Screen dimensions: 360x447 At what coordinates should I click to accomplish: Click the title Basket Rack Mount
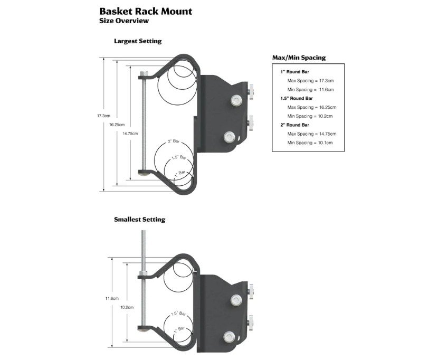click(146, 11)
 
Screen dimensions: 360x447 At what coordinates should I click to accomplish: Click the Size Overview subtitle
click(123, 21)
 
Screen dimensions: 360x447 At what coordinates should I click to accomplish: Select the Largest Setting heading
click(138, 41)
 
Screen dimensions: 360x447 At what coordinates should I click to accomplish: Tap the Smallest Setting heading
click(139, 220)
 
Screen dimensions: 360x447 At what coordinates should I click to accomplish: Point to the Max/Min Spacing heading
click(298, 58)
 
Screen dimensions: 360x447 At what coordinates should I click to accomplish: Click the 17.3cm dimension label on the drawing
click(103, 116)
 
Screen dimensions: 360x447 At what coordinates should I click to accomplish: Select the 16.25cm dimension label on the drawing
click(117, 125)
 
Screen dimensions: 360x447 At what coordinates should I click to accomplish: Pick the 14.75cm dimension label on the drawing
click(130, 134)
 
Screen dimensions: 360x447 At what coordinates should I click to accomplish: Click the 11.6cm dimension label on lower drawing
click(111, 299)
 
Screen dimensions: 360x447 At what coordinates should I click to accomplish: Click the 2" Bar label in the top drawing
click(173, 141)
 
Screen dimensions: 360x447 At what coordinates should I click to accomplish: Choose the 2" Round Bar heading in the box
click(294, 125)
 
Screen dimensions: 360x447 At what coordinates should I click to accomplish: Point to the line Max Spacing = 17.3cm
click(310, 81)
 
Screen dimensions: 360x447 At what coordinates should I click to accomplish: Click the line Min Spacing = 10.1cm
click(310, 143)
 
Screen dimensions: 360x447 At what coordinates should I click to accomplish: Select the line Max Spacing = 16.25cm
click(311, 107)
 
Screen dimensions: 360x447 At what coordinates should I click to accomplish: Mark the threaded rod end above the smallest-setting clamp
click(143, 235)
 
